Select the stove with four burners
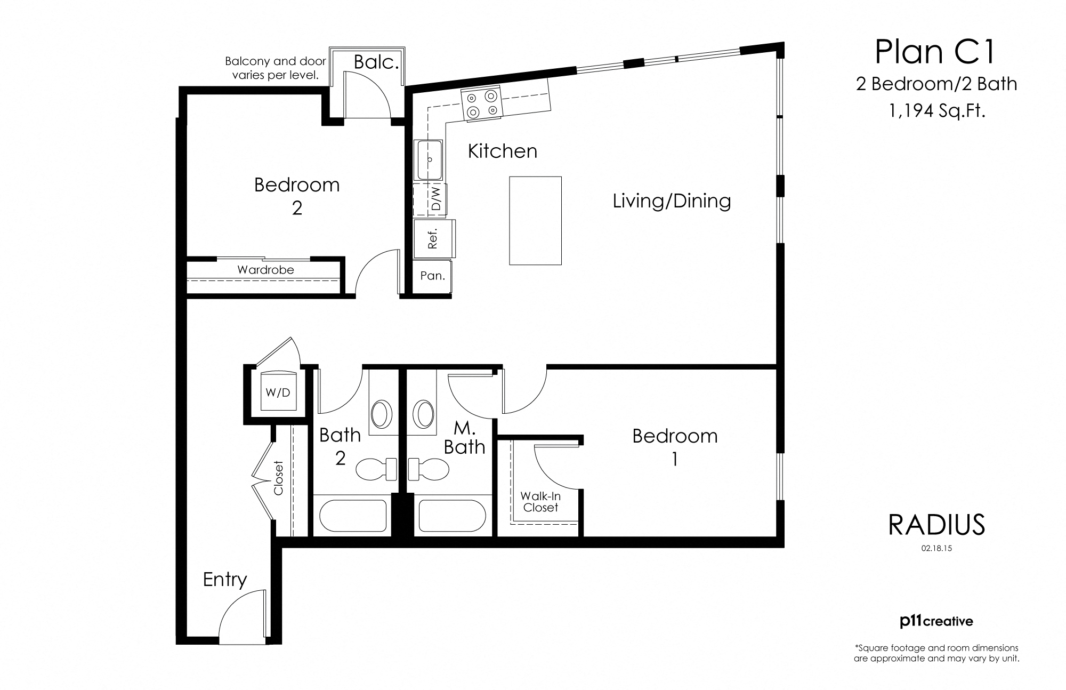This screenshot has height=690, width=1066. tap(481, 103)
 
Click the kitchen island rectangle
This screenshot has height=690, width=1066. tap(535, 220)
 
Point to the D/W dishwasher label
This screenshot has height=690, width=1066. tap(437, 199)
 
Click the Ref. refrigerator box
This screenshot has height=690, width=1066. tap(433, 238)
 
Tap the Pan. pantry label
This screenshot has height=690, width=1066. tap(432, 276)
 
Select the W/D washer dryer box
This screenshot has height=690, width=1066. tap(278, 392)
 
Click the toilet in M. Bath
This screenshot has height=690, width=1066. tap(430, 469)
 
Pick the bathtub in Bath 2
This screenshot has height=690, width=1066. tap(353, 516)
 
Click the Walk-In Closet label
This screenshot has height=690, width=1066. tap(540, 502)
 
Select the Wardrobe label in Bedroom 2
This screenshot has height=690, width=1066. tap(265, 270)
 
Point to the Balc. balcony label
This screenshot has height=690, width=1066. tap(376, 62)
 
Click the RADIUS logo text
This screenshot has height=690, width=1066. tap(936, 525)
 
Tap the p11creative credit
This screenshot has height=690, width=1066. tap(936, 621)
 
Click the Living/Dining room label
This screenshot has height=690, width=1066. tap(672, 201)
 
